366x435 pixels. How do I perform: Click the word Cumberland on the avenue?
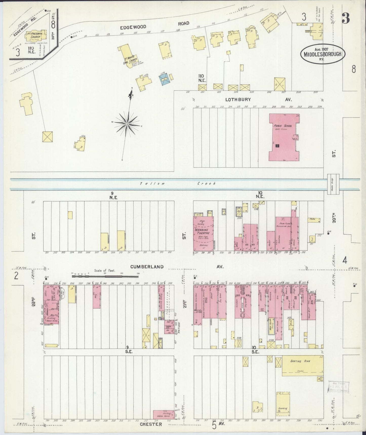tap(147, 267)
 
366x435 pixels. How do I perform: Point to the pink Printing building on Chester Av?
tap(163, 414)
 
